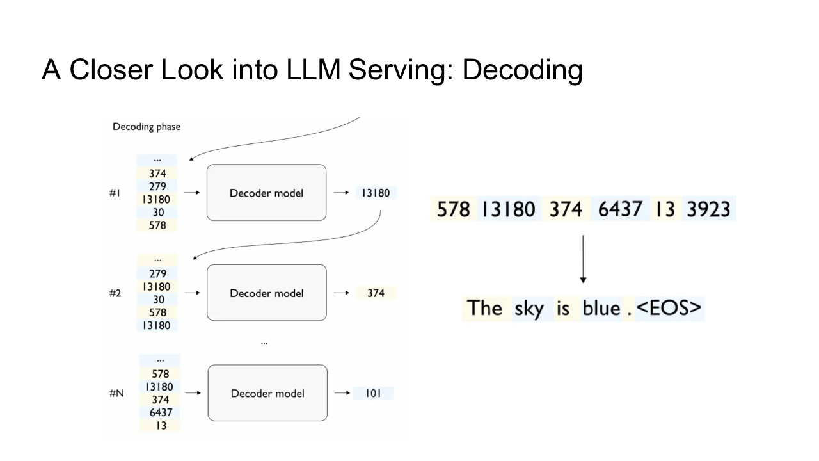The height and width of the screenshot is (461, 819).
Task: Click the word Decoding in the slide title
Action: pyautogui.click(x=523, y=70)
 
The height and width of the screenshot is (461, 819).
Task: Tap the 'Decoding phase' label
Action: pyautogui.click(x=147, y=127)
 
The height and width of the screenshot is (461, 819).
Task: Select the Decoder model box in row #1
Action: pyautogui.click(x=267, y=193)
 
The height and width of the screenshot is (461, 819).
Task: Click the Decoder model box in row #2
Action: pyautogui.click(x=267, y=293)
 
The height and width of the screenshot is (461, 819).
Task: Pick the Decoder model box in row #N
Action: pyautogui.click(x=267, y=393)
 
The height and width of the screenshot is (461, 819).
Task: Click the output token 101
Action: pyautogui.click(x=373, y=393)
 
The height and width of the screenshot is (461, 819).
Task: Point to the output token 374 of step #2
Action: pyautogui.click(x=376, y=293)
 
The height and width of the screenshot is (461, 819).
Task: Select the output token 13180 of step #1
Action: pyautogui.click(x=376, y=193)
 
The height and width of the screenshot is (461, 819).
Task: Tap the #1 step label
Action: pyautogui.click(x=115, y=193)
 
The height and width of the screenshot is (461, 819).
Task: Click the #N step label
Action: pyautogui.click(x=116, y=393)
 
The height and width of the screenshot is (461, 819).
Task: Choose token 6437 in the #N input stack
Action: pyautogui.click(x=161, y=412)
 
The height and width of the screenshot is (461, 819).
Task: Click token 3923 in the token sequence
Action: pyautogui.click(x=708, y=209)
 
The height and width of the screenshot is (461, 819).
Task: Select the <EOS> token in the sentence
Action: pyautogui.click(x=669, y=308)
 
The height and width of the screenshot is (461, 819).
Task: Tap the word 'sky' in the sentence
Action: pyautogui.click(x=529, y=309)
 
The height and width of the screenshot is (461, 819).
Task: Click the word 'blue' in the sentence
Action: pyautogui.click(x=601, y=308)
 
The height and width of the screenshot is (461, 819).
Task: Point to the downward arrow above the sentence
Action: pyautogui.click(x=583, y=259)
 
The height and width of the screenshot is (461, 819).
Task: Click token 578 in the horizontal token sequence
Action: pyautogui.click(x=454, y=209)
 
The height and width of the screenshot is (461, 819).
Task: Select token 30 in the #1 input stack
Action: pyautogui.click(x=158, y=212)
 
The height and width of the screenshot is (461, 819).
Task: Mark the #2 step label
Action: pyautogui.click(x=115, y=293)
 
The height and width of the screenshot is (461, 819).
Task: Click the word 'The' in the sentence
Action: pyautogui.click(x=484, y=308)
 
